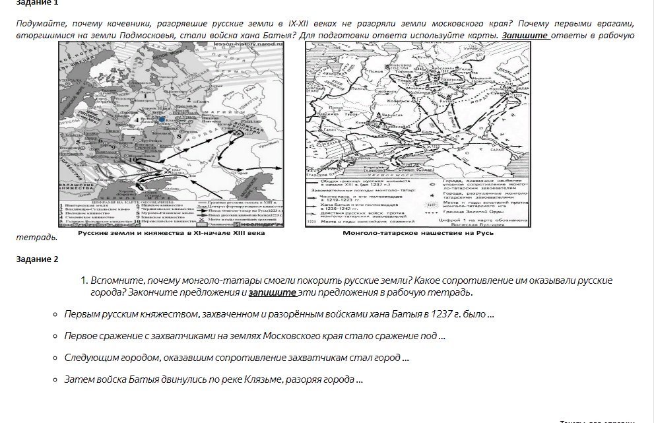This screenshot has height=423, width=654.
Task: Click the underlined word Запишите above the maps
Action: [x=525, y=35]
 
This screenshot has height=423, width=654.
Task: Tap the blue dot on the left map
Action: [x=161, y=119]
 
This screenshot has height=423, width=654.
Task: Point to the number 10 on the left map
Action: [x=131, y=159]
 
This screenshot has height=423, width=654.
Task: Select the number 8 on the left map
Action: [x=178, y=137]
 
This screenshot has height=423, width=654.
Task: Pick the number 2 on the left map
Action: [x=188, y=100]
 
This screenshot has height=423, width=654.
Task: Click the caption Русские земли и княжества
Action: [x=171, y=233]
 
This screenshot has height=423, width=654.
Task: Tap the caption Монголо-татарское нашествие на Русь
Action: [x=418, y=233]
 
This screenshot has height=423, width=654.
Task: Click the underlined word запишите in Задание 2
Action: [x=272, y=292]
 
